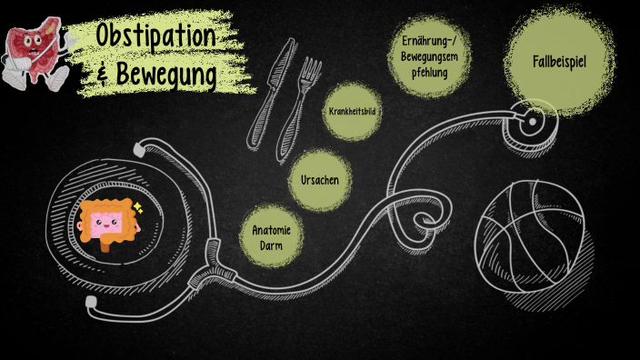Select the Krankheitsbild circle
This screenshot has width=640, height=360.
click(352, 111)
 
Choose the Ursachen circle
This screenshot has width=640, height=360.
click(319, 180)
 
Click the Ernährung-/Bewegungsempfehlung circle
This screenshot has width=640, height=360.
click(424, 55)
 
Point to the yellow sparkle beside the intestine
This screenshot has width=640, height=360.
click(137, 207)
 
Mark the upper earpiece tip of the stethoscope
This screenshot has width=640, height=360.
click(137, 147)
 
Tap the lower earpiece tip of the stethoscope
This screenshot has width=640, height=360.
click(89, 300)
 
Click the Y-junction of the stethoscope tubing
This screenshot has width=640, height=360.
click(215, 248)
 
